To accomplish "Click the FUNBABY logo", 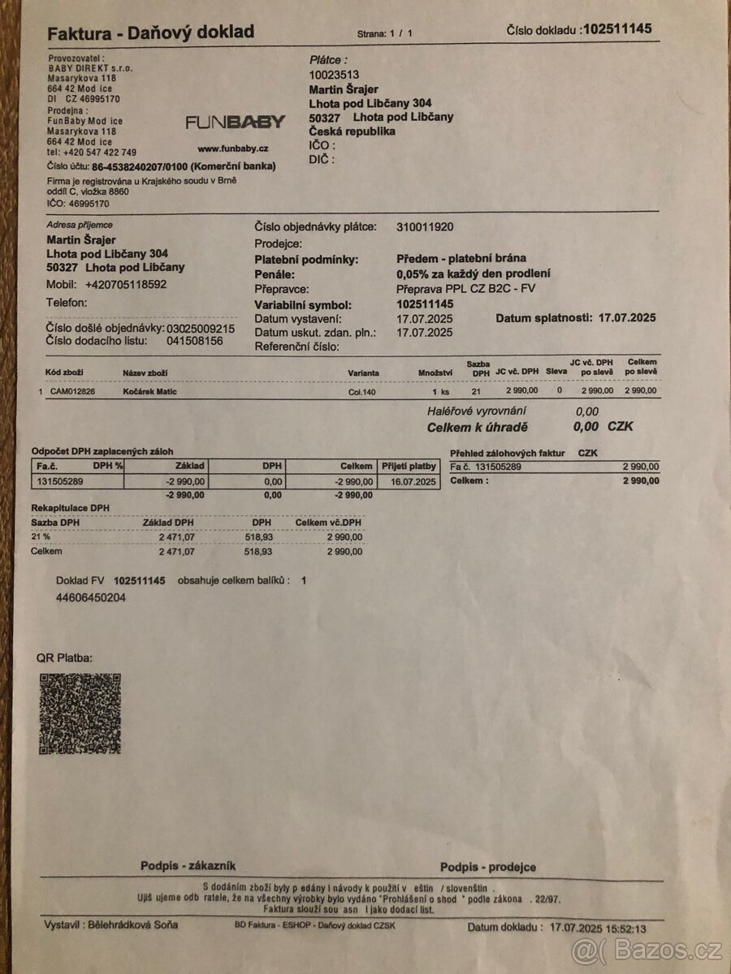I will tap(235, 123).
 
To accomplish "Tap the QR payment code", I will tap(80, 713).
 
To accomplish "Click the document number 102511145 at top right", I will tap(617, 29).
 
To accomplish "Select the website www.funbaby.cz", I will tap(233, 149).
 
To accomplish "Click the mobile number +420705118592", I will tap(126, 285).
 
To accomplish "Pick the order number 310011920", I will tap(425, 227).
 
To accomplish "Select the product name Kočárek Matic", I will tap(149, 392).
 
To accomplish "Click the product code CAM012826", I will tap(72, 392).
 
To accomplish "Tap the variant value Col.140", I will tap(363, 392).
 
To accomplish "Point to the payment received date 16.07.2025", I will tap(413, 482).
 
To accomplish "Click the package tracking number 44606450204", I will tap(91, 598).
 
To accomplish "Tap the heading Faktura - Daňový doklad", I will tap(150, 33).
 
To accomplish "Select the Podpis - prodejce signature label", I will tap(487, 867).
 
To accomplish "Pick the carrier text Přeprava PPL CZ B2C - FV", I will tap(466, 288).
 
